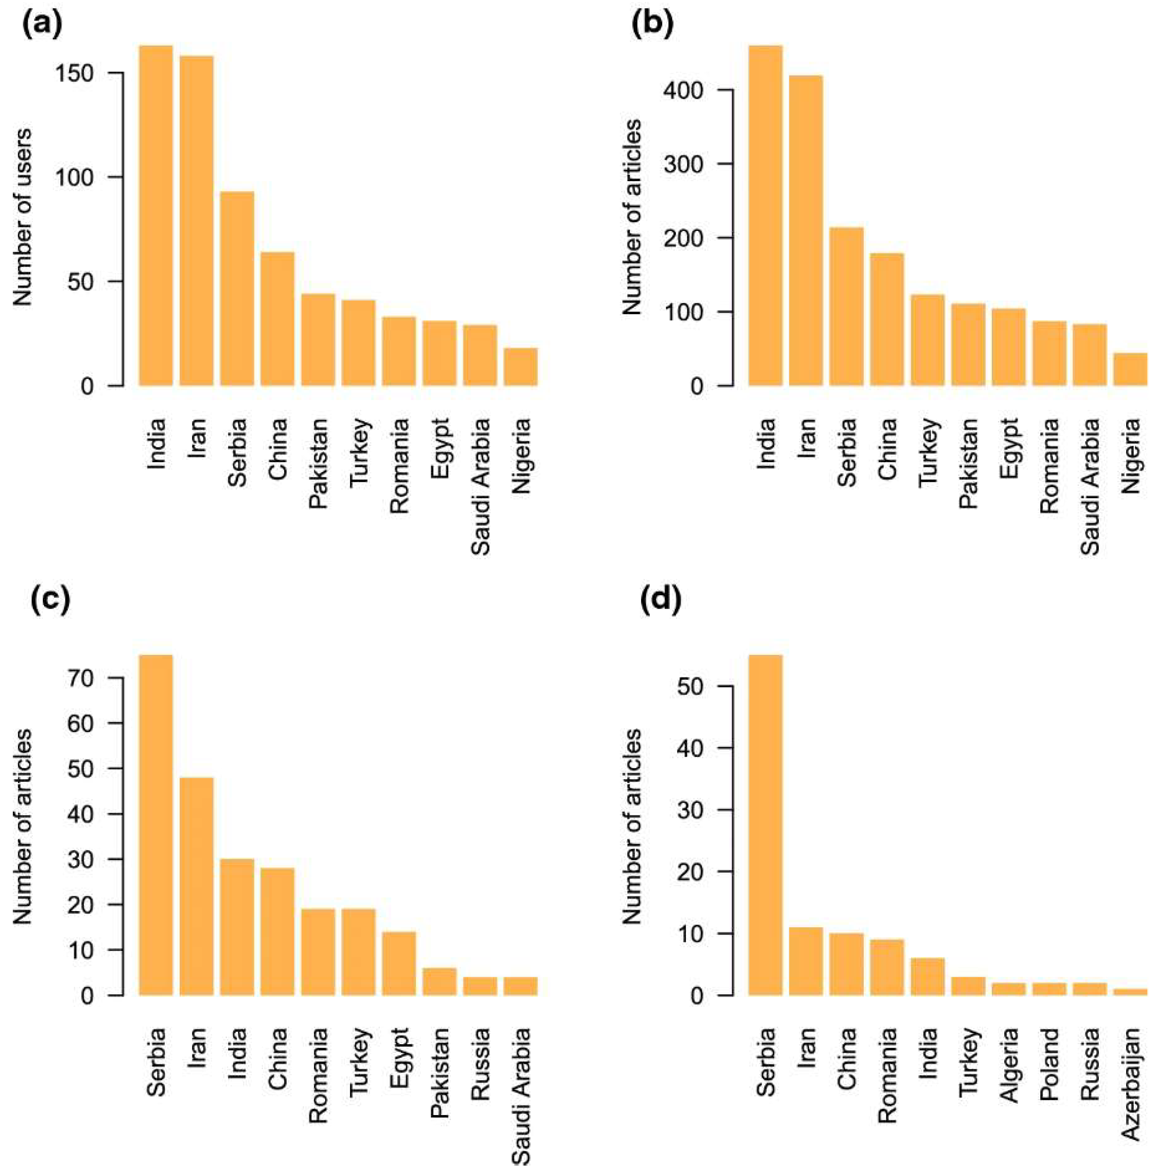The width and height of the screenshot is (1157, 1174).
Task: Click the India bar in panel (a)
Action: (x=156, y=216)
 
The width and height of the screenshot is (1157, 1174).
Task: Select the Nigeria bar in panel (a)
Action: (x=521, y=367)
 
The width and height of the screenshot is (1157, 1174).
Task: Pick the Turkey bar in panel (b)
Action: (x=927, y=340)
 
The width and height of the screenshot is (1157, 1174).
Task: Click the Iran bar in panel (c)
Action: (x=196, y=887)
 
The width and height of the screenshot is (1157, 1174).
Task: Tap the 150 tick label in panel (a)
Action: (x=75, y=73)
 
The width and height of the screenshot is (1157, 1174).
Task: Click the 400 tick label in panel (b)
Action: (x=684, y=91)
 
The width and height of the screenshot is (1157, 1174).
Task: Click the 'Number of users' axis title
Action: (x=22, y=217)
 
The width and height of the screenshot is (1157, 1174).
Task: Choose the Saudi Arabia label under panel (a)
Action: (x=481, y=486)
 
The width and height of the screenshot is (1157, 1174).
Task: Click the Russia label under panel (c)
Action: (x=481, y=1064)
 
